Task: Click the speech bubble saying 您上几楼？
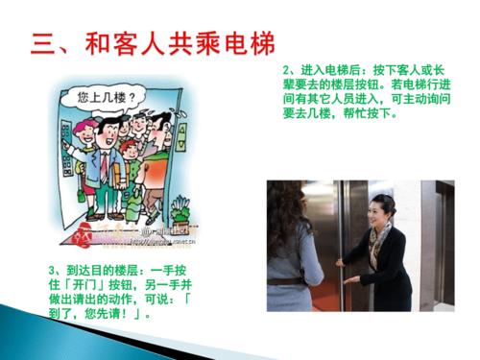pos(108,97)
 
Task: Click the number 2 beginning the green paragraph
pos(288,70)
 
